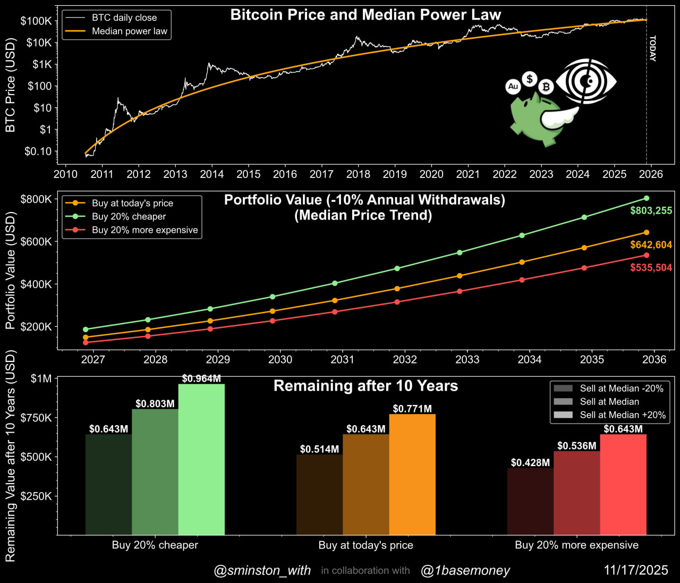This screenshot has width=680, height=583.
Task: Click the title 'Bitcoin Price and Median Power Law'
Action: [x=365, y=15]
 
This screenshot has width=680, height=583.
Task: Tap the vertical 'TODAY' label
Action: [x=653, y=48]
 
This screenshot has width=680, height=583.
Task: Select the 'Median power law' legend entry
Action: [x=129, y=31]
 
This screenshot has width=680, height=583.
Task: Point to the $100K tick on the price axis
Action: [x=36, y=21]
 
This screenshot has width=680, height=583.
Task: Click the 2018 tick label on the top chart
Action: [x=358, y=174]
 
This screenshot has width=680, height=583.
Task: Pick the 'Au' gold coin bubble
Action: [x=513, y=86]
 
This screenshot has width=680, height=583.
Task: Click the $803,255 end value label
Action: [x=651, y=210]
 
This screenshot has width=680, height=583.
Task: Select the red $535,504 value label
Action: [x=651, y=267]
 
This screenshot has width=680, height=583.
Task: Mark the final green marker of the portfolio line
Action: [x=647, y=198]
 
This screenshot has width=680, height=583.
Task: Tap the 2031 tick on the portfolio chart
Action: [x=343, y=360]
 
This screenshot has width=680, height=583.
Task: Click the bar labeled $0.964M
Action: [x=201, y=459]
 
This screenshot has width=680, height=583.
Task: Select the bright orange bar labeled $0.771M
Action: [x=412, y=474]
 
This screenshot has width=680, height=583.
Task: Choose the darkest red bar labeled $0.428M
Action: [x=530, y=501]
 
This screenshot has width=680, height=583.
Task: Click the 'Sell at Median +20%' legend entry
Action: [x=622, y=415]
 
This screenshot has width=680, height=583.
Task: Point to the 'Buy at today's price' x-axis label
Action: [x=365, y=545]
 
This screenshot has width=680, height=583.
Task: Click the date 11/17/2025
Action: [x=636, y=570]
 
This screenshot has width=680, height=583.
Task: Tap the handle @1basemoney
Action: [x=465, y=571]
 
